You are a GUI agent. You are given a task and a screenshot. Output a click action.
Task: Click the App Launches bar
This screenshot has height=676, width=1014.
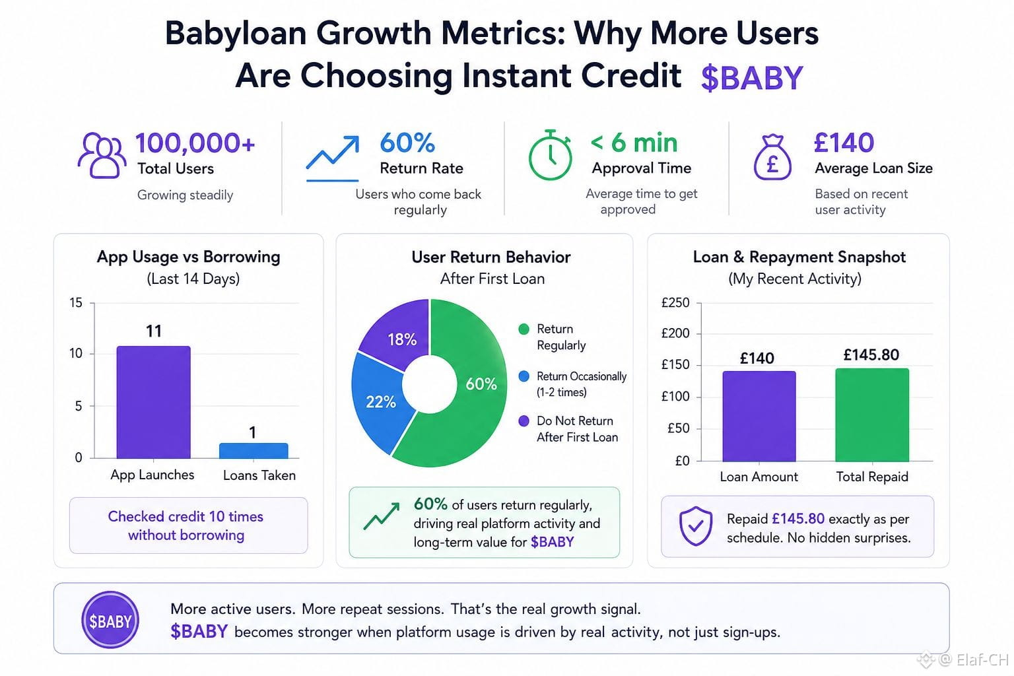[x=153, y=402]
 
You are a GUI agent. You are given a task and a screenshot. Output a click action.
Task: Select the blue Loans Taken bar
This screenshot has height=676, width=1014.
[x=253, y=450]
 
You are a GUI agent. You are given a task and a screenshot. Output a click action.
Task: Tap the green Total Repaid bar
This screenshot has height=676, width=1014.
[x=872, y=415]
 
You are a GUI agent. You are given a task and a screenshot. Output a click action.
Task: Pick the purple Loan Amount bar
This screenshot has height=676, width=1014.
[x=759, y=416]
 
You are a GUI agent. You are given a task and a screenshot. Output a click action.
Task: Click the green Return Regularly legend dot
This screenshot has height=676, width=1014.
[x=524, y=329]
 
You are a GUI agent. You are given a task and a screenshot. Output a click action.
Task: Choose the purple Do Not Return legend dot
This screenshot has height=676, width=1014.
[x=524, y=421]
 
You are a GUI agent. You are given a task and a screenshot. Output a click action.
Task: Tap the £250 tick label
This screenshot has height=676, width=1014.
[x=675, y=302]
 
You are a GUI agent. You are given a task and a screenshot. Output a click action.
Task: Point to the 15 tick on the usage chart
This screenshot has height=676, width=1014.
[x=76, y=302]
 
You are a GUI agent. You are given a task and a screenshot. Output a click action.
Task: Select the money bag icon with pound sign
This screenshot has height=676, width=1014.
[x=773, y=157]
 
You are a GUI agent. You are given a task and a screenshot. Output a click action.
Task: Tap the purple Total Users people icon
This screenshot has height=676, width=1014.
[x=102, y=155]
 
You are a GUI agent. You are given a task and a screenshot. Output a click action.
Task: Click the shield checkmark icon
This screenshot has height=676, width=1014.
[x=696, y=526]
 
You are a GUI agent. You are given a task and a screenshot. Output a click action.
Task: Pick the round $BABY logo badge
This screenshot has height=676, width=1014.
[x=110, y=620]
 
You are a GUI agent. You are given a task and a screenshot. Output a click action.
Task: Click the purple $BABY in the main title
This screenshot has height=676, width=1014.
[x=752, y=78]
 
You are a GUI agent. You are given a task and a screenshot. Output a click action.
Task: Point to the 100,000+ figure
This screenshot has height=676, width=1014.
[x=195, y=143]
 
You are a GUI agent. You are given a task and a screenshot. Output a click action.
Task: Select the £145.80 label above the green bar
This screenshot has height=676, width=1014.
[x=871, y=355]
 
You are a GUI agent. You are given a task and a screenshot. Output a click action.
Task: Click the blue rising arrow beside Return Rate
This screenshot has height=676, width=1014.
[x=333, y=158]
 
